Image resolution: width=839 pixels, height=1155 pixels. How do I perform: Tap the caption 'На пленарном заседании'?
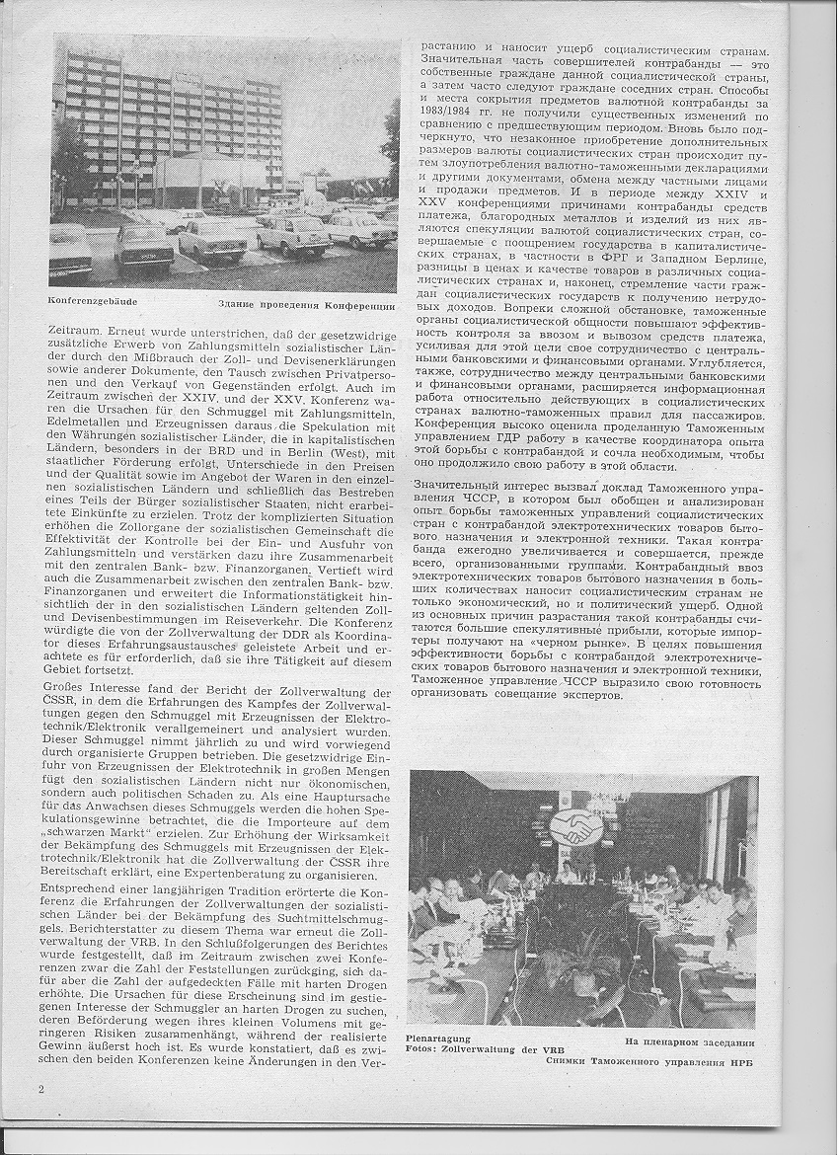pyautogui.click(x=689, y=1042)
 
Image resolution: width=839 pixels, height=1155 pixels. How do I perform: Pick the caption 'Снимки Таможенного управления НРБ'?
pyautogui.click(x=654, y=1061)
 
